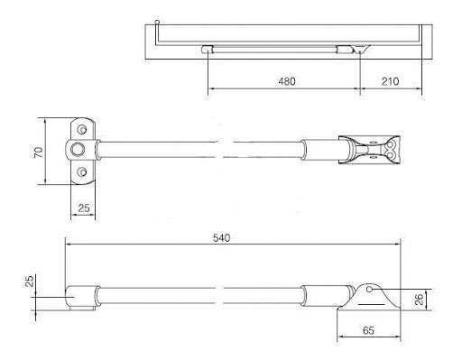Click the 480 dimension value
(x=287, y=81)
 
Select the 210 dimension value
(x=390, y=81)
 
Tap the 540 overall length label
(x=221, y=238)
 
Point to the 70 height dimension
(x=39, y=152)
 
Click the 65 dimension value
(x=368, y=330)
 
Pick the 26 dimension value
(x=419, y=300)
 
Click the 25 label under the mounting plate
(x=84, y=208)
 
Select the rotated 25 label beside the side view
(x=30, y=282)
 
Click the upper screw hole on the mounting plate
(x=81, y=129)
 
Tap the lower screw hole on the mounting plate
(x=81, y=172)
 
